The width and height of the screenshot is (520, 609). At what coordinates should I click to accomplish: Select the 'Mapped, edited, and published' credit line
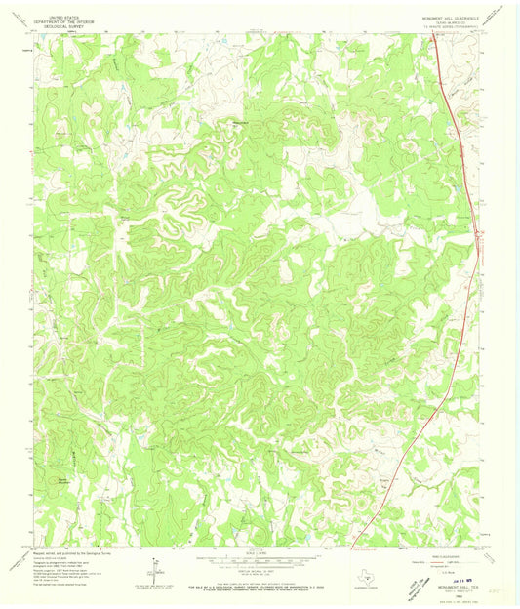pyautogui.click(x=49, y=555)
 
